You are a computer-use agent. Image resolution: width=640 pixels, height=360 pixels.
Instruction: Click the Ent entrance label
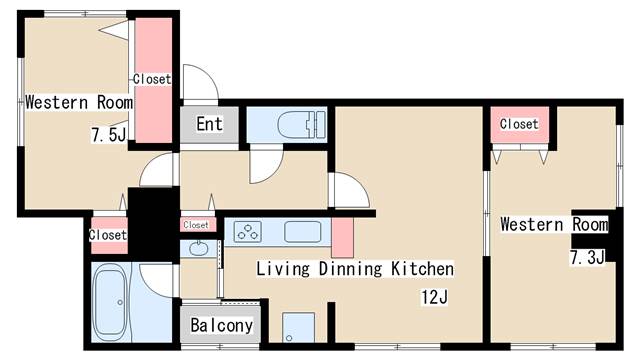click(209, 124)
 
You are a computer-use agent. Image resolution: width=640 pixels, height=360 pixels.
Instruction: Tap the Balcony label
click(222, 325)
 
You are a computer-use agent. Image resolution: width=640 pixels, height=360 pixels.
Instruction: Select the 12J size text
click(434, 297)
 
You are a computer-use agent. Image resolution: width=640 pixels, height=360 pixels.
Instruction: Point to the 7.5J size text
click(109, 135)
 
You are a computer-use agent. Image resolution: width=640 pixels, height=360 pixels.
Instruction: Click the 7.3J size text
click(587, 258)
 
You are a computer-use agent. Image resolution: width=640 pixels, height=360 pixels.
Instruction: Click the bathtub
click(110, 301)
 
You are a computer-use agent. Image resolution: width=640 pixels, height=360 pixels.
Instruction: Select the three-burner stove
click(247, 231)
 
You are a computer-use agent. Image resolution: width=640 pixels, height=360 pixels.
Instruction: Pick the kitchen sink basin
click(302, 232)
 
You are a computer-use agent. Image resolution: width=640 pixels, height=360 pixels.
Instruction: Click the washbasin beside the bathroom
click(198, 248)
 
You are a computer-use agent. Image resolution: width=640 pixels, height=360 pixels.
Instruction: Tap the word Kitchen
click(422, 269)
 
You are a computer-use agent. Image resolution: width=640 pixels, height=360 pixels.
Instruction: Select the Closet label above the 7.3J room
click(519, 124)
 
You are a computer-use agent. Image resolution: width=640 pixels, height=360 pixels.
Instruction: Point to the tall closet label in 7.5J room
click(152, 79)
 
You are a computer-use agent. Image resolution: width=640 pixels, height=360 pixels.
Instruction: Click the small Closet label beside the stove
click(196, 225)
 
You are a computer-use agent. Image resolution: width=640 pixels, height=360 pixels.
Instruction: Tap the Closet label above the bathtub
click(108, 235)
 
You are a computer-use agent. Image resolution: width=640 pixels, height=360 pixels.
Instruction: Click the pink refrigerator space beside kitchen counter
click(342, 238)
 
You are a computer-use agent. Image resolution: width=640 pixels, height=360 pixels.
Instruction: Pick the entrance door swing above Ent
click(200, 82)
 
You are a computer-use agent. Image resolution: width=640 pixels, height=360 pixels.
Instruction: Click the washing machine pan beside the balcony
click(298, 327)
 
